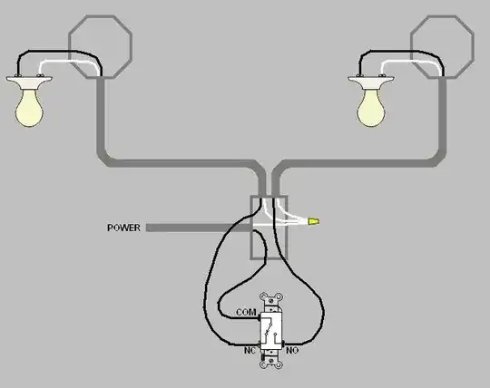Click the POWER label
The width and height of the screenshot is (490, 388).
pos(123,228)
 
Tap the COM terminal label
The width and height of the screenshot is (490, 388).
pos(246,312)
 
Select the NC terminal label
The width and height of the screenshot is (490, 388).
pos(250,351)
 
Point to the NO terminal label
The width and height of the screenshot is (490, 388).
pos(292,351)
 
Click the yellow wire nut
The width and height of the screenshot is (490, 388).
pos(314,221)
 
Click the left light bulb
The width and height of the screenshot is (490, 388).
pos(29,108)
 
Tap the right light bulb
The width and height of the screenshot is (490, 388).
pos(371,108)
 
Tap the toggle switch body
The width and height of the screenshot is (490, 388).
pos(271,330)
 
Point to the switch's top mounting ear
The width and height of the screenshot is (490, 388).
pos(271,301)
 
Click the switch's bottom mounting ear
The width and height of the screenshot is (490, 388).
pos(271,360)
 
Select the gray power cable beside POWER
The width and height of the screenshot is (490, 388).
pos(199,228)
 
